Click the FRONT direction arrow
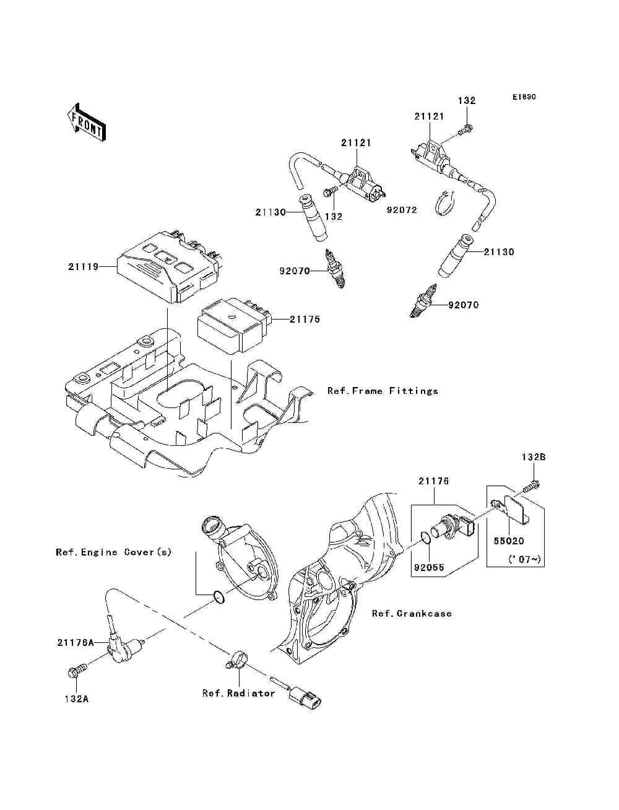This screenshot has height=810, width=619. pos(86,121)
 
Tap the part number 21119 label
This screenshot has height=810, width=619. pos(83,266)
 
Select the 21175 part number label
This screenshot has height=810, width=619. pos(305,319)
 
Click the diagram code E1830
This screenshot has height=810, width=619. pos(524,97)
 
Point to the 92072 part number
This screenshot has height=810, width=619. pos(402,210)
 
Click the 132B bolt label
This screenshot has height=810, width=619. pos(534,457)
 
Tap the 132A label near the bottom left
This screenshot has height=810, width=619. pos(77,699)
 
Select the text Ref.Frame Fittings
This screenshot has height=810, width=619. pos(383,391)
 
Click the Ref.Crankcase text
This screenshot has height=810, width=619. pos(412,614)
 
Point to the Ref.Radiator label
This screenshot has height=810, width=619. pos(239,693)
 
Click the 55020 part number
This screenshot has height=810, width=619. pos(509,541)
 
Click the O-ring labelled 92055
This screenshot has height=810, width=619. pos(425,538)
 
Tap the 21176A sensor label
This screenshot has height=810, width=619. pos(76,642)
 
